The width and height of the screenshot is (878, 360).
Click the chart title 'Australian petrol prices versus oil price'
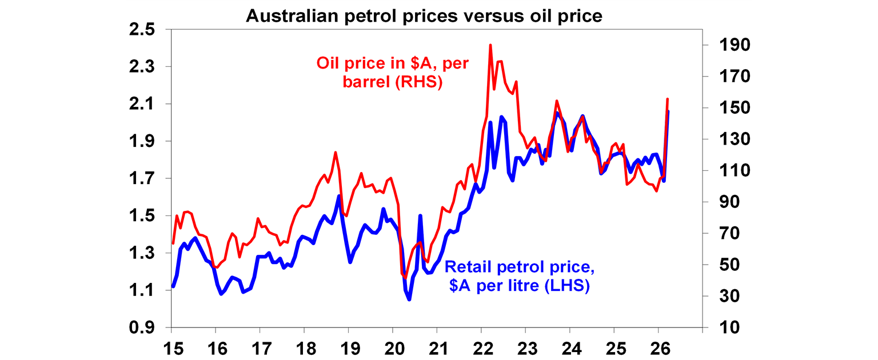[424, 16]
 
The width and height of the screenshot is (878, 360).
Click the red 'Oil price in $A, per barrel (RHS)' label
[393, 72]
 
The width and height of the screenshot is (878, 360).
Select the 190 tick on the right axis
[723, 45]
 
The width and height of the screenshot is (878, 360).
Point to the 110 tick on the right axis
[723, 171]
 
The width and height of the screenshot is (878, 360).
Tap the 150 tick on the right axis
[723, 108]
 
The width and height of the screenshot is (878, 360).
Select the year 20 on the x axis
[393, 347]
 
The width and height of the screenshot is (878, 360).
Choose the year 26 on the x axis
[658, 347]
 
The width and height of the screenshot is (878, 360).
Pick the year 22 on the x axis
[481, 347]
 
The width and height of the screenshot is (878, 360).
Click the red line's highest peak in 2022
[490, 45]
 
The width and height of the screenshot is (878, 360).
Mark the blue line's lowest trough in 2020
[409, 299]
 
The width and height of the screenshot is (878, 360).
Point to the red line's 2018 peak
[336, 152]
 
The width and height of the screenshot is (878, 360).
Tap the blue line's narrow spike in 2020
[420, 216]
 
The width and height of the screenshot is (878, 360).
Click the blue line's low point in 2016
[221, 294]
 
